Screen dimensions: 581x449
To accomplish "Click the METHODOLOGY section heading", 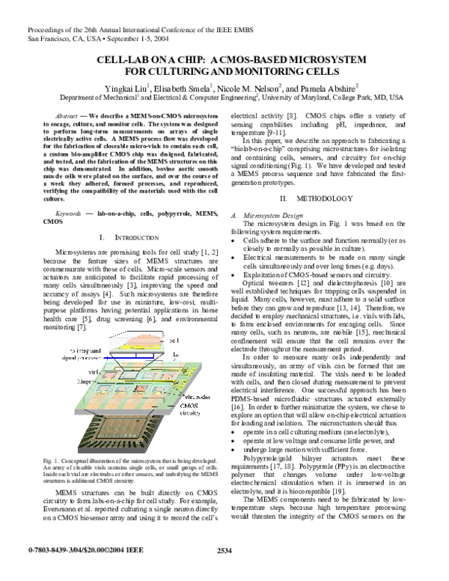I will (x=323, y=198).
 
